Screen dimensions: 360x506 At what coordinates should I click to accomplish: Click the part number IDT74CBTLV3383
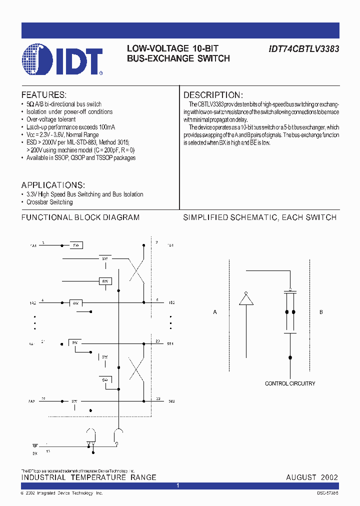tap(304, 49)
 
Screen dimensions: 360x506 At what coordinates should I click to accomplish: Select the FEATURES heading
tap(44, 95)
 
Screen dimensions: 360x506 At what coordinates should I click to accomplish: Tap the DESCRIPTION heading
tap(213, 95)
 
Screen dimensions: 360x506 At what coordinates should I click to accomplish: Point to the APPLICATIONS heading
tap(53, 185)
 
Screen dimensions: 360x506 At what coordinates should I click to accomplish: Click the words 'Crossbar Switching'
tap(49, 202)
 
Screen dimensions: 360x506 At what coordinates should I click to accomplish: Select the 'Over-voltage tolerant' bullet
tap(51, 119)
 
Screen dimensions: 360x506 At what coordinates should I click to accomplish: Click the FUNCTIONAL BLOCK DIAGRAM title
tap(80, 217)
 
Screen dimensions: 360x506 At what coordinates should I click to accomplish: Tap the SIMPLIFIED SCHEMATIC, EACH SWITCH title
tap(259, 217)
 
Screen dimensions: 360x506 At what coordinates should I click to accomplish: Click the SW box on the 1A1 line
tap(76, 245)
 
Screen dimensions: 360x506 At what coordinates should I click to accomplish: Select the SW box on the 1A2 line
tap(76, 303)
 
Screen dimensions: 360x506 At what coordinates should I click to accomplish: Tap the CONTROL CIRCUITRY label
tap(290, 383)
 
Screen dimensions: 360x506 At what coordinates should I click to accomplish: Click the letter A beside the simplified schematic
tap(215, 312)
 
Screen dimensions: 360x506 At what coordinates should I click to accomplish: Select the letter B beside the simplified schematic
tap(321, 312)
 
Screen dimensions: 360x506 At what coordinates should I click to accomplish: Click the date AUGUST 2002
tap(312, 477)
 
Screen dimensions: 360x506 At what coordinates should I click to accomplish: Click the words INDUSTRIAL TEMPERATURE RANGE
tap(88, 477)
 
